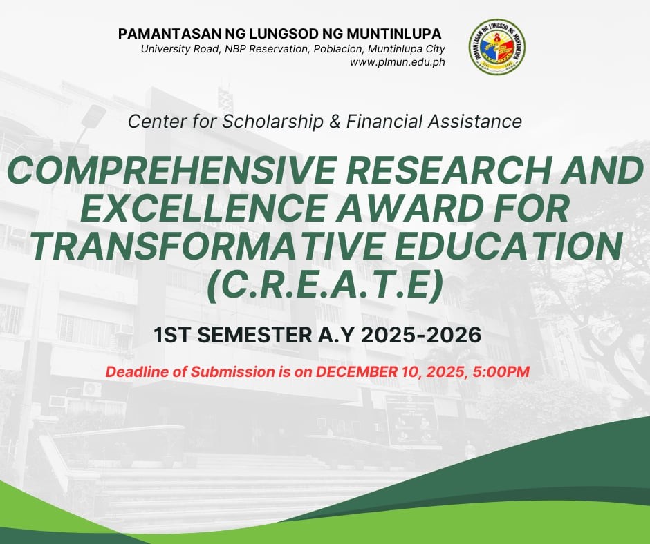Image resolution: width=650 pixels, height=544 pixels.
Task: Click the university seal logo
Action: coord(497,47)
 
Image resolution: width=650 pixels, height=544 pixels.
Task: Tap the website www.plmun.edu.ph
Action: coord(397,62)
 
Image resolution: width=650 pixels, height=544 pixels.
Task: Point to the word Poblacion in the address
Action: coord(337,49)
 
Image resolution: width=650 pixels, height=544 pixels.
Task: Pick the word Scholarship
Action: coord(272,122)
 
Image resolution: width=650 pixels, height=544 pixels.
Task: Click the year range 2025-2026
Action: coord(421,335)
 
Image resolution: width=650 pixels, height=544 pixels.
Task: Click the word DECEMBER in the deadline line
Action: coord(357,371)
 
